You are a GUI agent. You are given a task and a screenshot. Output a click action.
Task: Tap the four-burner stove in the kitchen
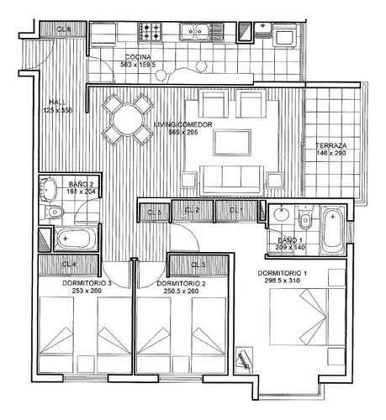pyautogui.click(x=151, y=32)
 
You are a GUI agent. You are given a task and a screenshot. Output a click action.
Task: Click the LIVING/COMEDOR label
pyautogui.click(x=182, y=124)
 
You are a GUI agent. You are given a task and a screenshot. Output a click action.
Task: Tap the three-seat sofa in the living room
pyautogui.click(x=232, y=176)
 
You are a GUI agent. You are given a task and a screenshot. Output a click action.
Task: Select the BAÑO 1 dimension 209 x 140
pyautogui.click(x=295, y=249)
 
